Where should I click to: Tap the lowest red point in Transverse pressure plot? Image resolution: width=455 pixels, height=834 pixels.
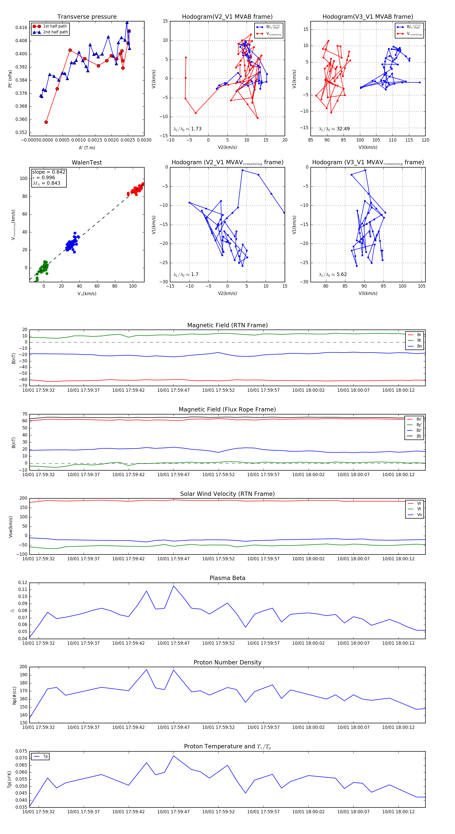pyautogui.click(x=46, y=122)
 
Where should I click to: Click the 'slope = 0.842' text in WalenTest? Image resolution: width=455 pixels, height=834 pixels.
pyautogui.click(x=49, y=172)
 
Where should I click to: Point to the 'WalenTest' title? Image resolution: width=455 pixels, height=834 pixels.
pyautogui.click(x=87, y=163)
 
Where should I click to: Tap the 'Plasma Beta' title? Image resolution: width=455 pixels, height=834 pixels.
pyautogui.click(x=227, y=578)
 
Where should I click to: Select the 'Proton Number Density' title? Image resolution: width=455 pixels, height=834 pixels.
pyautogui.click(x=227, y=662)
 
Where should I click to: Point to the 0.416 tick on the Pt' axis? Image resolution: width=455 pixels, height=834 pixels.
pyautogui.click(x=21, y=28)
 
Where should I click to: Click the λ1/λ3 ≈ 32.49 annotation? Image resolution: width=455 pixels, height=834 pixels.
pyautogui.click(x=334, y=129)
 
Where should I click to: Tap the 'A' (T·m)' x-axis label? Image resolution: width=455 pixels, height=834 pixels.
pyautogui.click(x=87, y=148)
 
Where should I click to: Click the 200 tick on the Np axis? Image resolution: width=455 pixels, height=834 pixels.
pyautogui.click(x=23, y=667)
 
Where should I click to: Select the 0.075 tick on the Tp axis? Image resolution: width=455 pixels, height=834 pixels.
pyautogui.click(x=21, y=751)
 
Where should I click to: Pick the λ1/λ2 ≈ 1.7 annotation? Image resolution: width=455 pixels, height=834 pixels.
pyautogui.click(x=186, y=274)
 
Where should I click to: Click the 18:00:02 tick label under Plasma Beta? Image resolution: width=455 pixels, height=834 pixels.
pyautogui.click(x=308, y=643)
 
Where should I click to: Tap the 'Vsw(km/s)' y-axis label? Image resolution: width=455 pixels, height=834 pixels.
pyautogui.click(x=11, y=527)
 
